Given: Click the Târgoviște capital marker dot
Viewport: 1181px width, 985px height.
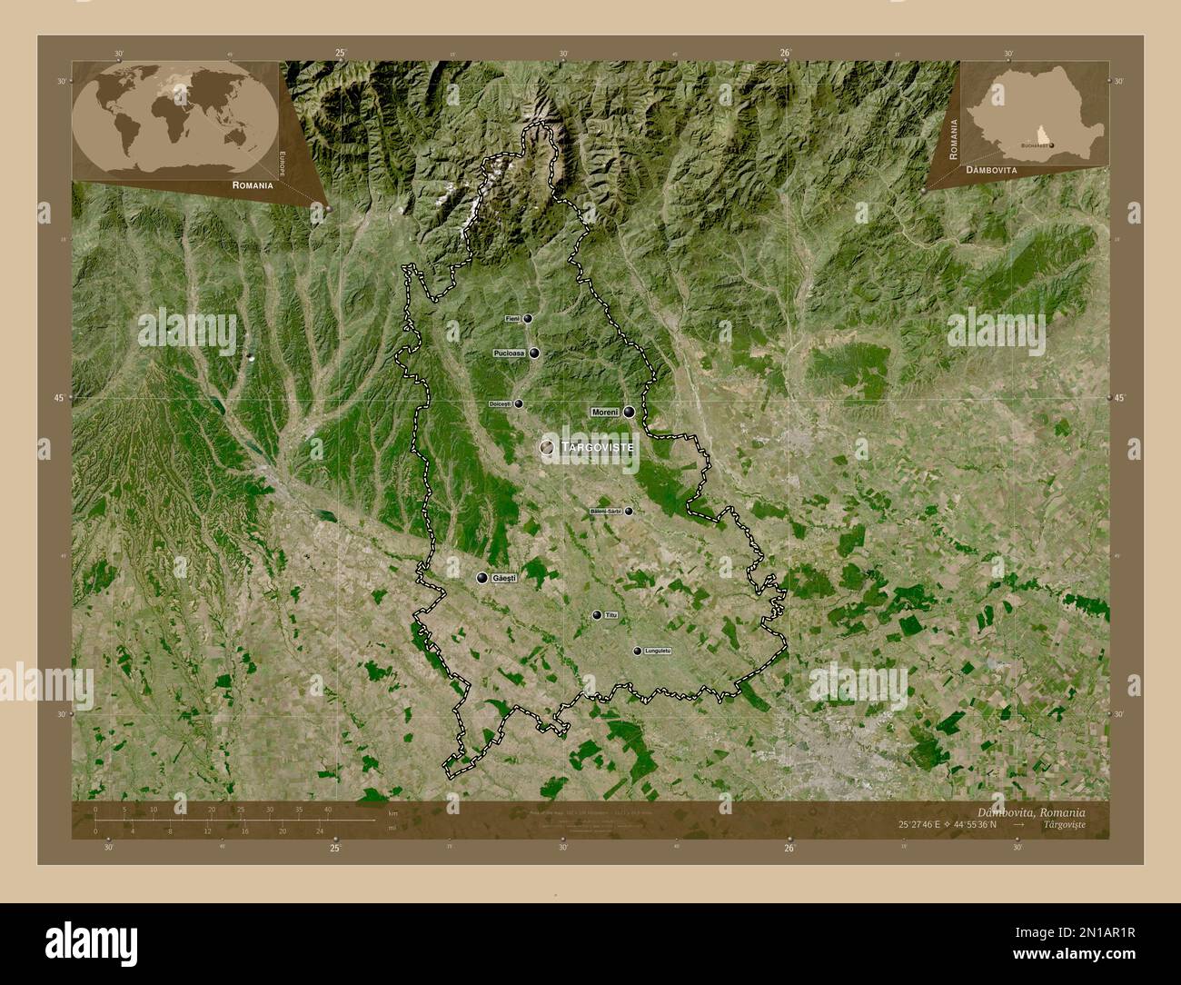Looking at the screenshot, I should click(547, 447).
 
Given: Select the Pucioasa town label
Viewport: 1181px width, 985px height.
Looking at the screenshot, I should click(509, 353).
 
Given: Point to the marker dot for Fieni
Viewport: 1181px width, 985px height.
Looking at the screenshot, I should click(527, 319).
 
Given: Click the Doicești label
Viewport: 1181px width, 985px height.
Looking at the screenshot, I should click(501, 403).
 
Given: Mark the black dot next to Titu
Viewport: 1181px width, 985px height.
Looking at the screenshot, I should click(596, 615).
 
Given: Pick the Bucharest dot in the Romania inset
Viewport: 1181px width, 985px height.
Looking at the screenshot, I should click(1052, 144).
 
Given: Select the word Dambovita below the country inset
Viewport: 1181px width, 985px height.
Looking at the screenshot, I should click(991, 170).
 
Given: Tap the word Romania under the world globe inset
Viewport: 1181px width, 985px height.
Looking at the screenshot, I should click(253, 185).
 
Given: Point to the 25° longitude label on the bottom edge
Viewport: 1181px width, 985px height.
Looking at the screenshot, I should click(335, 848).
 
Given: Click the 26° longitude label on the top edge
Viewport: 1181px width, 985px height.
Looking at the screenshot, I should click(786, 53).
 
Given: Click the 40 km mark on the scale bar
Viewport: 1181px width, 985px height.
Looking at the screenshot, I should click(327, 809).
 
